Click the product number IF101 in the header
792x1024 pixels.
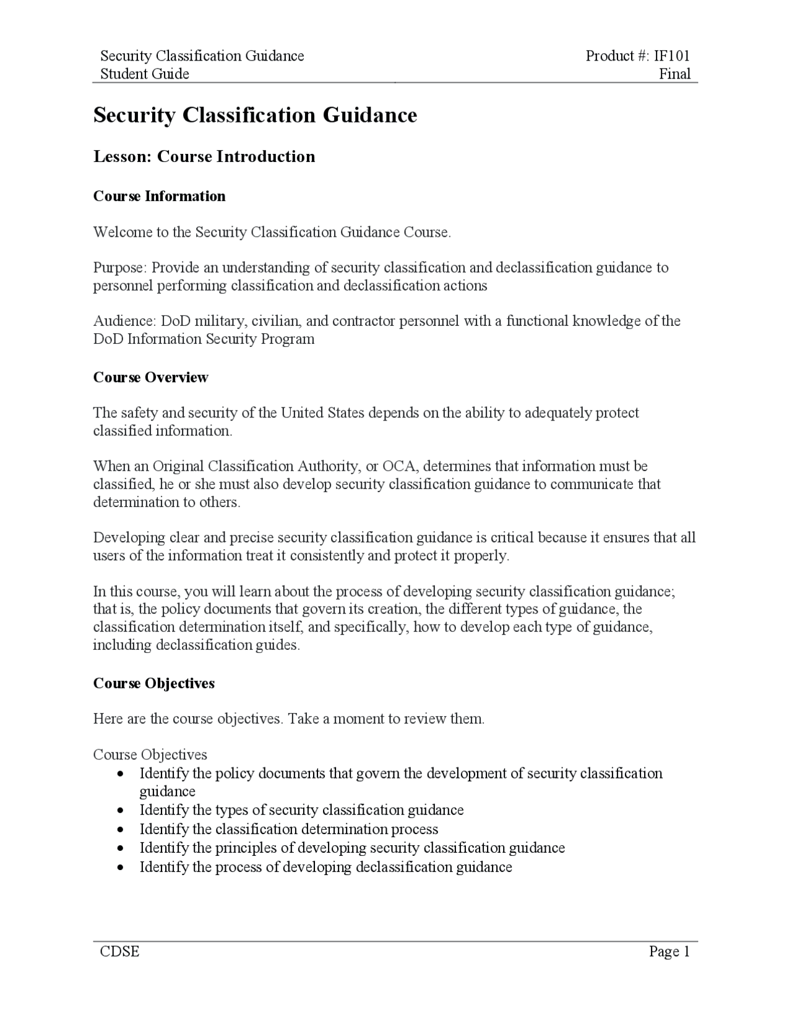[x=672, y=56]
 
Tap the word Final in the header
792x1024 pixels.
[x=674, y=74]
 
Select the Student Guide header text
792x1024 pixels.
[x=145, y=74]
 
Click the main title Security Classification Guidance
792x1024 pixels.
[x=255, y=115]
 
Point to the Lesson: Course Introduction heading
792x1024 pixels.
[x=204, y=156]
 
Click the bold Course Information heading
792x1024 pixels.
[x=159, y=196]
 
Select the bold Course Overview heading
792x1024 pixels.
[x=150, y=377]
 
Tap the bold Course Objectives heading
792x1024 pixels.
[x=154, y=683]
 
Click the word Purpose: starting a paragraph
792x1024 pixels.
[x=120, y=268]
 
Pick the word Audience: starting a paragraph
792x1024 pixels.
[x=124, y=321]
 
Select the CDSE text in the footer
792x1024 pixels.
[x=120, y=952]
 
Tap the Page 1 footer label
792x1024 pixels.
[x=669, y=952]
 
